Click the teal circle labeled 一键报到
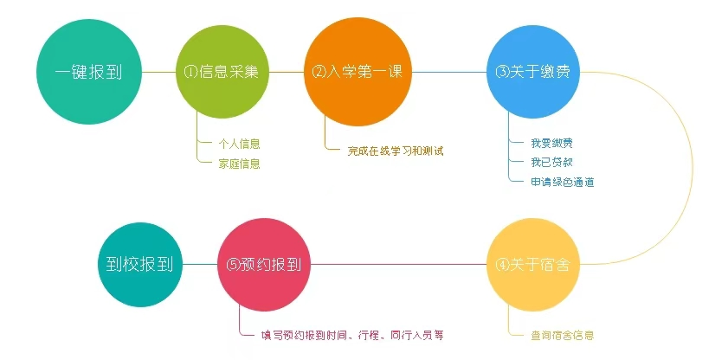(x=88, y=72)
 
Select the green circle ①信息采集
(x=222, y=72)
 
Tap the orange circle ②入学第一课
(x=358, y=72)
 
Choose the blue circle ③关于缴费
(x=533, y=72)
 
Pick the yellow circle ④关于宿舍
(x=533, y=265)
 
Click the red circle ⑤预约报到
(x=264, y=265)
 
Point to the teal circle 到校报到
(x=139, y=265)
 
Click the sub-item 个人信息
(x=239, y=144)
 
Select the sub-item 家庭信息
(x=239, y=164)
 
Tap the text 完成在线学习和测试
(x=396, y=151)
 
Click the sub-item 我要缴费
(x=552, y=143)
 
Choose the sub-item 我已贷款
(x=552, y=162)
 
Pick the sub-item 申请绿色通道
(x=563, y=182)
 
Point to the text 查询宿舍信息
(x=563, y=335)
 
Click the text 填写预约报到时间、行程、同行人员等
(x=352, y=335)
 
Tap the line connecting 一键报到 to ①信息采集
(x=158, y=72)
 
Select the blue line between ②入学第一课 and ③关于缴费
(x=449, y=72)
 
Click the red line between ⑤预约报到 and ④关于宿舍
(x=399, y=265)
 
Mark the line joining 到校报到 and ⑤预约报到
(x=200, y=265)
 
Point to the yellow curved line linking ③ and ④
(x=686, y=168)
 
